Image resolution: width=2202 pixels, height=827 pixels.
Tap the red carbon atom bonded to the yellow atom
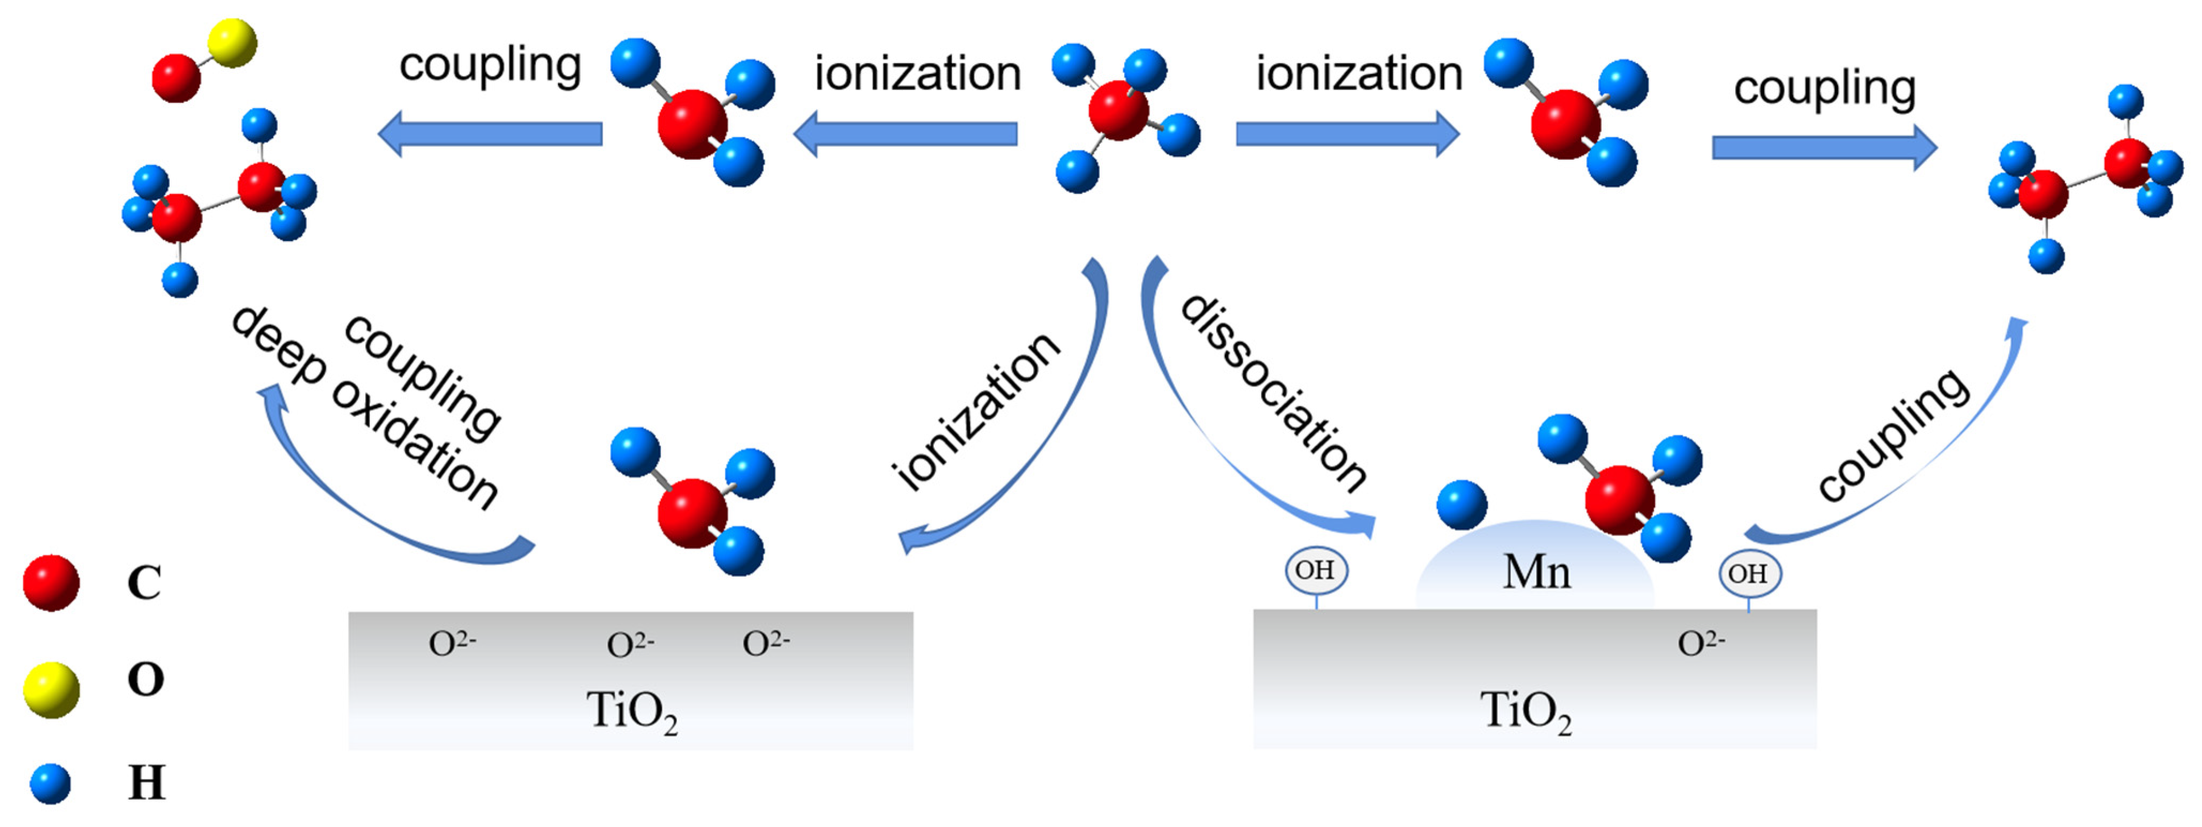click(176, 78)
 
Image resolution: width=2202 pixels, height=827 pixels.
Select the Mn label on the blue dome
click(1536, 572)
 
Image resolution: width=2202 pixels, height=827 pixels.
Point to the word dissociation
click(1273, 393)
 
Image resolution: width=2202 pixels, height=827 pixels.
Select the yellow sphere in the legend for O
click(51, 689)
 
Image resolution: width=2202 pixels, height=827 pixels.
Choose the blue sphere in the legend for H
click(50, 784)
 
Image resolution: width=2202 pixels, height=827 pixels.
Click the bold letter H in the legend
click(146, 783)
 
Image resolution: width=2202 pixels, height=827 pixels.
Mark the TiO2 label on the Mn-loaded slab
click(1526, 711)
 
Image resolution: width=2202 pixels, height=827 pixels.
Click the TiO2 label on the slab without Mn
click(632, 711)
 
